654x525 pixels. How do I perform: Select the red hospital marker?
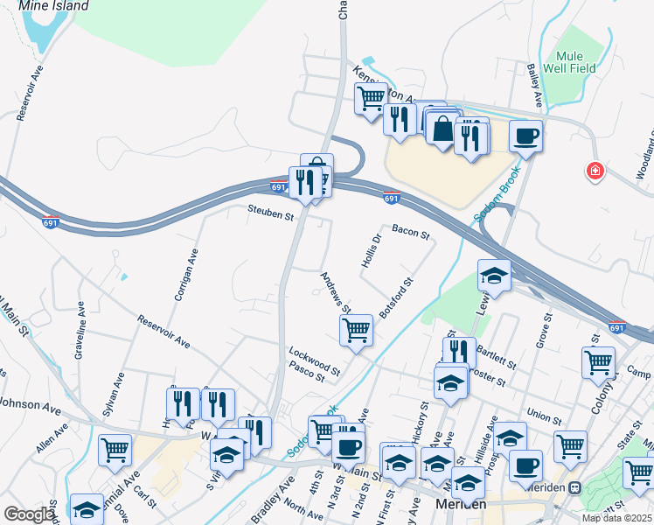[595, 171]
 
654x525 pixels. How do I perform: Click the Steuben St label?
[270, 211]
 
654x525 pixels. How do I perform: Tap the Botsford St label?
[396, 297]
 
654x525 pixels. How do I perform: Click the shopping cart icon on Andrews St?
[356, 330]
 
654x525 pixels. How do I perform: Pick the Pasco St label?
[307, 374]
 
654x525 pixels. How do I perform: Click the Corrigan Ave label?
[186, 274]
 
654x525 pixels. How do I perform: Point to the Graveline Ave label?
[80, 329]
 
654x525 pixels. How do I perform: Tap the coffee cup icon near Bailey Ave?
[525, 136]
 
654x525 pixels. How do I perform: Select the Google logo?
[29, 514]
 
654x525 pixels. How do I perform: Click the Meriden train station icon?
[575, 487]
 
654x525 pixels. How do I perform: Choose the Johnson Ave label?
[31, 407]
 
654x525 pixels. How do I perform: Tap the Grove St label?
[545, 331]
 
